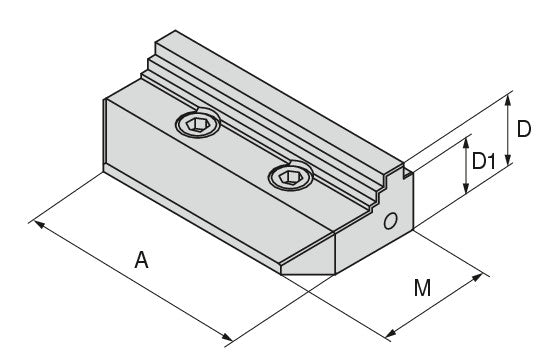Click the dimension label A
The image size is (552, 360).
tap(141, 260)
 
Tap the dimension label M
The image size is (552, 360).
tap(422, 288)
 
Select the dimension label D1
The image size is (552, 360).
tap(484, 161)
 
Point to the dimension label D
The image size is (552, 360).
tap(524, 129)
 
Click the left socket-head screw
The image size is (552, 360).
tap(197, 124)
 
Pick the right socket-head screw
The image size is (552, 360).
tap(290, 176)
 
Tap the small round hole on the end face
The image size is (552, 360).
tap(390, 221)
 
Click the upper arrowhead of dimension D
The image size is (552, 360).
tap(507, 100)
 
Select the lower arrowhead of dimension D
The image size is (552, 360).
tap(508, 159)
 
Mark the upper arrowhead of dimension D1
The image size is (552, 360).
tap(466, 144)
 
